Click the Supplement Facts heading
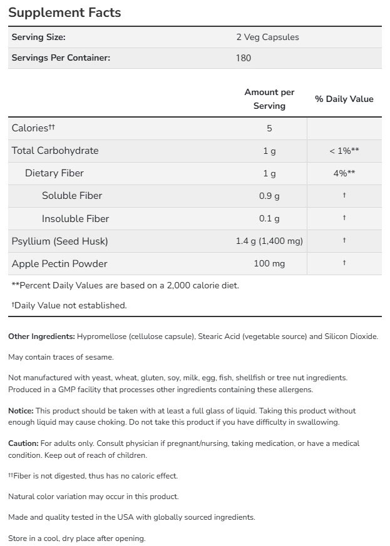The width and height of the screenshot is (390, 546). point(64,13)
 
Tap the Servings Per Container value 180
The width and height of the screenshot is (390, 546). point(244,58)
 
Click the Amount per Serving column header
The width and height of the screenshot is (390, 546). point(269,99)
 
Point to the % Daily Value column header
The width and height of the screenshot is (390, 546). point(344,99)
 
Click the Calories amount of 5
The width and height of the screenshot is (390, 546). point(269,128)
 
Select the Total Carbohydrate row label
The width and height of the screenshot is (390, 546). point(55,151)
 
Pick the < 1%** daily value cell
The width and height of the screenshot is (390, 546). point(344,151)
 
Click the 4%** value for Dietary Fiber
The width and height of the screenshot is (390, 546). point(344,173)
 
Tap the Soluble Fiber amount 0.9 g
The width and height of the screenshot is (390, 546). point(269,196)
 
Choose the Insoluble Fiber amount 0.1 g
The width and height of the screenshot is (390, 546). point(269,218)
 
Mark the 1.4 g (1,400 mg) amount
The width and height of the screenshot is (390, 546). point(269,241)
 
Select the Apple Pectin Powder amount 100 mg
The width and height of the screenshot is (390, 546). point(269,263)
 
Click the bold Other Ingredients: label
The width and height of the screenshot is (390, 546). point(41,336)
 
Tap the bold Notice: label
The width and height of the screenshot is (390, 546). point(21,411)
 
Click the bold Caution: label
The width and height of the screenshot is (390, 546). point(23,443)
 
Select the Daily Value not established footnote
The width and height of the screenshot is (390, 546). point(69,306)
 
